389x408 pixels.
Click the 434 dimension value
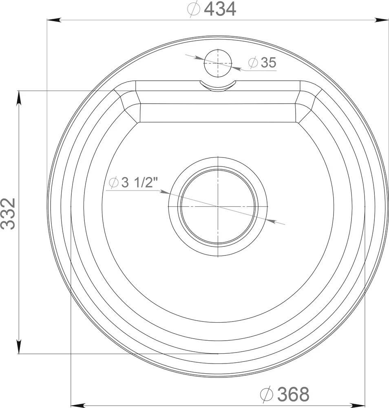220,9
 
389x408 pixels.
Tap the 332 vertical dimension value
8,214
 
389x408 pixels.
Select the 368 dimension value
293,394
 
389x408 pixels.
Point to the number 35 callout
268,62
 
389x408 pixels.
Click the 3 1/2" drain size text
140,182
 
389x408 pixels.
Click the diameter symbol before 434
194,9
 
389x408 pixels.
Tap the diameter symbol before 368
267,394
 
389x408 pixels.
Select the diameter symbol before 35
253,63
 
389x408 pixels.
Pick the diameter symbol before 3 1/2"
114,183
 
